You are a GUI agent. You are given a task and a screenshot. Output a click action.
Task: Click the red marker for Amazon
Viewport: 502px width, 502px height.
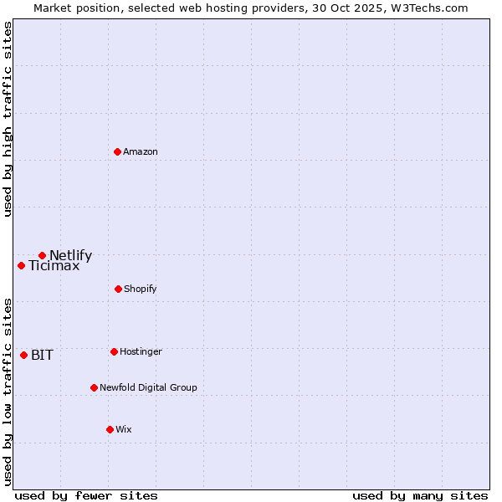pyautogui.click(x=117, y=151)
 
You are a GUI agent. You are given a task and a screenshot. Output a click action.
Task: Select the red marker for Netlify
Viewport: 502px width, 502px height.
pyautogui.click(x=42, y=255)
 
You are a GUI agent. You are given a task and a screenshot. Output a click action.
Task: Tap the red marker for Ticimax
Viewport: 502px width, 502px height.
pyautogui.click(x=21, y=265)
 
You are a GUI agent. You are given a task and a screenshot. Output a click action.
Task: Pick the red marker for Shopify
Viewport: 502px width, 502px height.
pyautogui.click(x=118, y=289)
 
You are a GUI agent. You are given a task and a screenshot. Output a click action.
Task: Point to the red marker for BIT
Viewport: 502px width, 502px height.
pyautogui.click(x=23, y=355)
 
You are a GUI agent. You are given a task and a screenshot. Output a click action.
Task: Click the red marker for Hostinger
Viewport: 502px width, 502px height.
pyautogui.click(x=114, y=351)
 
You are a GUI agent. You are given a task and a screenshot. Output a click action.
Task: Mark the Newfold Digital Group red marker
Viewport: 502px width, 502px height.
pyautogui.click(x=94, y=387)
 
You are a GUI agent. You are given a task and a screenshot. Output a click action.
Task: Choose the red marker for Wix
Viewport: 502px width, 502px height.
pyautogui.click(x=110, y=429)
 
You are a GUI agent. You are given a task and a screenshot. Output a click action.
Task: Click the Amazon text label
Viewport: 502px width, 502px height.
pyautogui.click(x=141, y=151)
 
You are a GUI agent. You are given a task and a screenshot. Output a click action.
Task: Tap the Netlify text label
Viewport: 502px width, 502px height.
pyautogui.click(x=70, y=255)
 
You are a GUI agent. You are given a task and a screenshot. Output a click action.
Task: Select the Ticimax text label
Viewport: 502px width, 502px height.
pyautogui.click(x=54, y=266)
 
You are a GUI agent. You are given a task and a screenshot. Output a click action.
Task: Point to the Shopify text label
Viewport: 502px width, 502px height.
pyautogui.click(x=141, y=289)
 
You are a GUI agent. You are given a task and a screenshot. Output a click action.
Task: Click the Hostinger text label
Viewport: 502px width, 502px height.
pyautogui.click(x=141, y=351)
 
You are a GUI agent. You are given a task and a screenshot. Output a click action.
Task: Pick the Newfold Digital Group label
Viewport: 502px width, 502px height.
pyautogui.click(x=149, y=387)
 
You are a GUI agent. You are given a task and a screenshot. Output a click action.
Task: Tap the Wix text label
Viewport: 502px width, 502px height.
pyautogui.click(x=124, y=429)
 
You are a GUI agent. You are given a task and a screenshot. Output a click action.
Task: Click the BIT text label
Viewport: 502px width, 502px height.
pyautogui.click(x=42, y=355)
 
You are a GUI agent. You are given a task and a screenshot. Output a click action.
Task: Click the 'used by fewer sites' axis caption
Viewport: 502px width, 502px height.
pyautogui.click(x=86, y=495)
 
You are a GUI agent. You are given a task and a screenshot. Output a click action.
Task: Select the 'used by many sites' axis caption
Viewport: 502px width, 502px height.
pyautogui.click(x=420, y=495)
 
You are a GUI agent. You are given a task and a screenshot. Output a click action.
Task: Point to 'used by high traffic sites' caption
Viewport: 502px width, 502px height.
pyautogui.click(x=8, y=119)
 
